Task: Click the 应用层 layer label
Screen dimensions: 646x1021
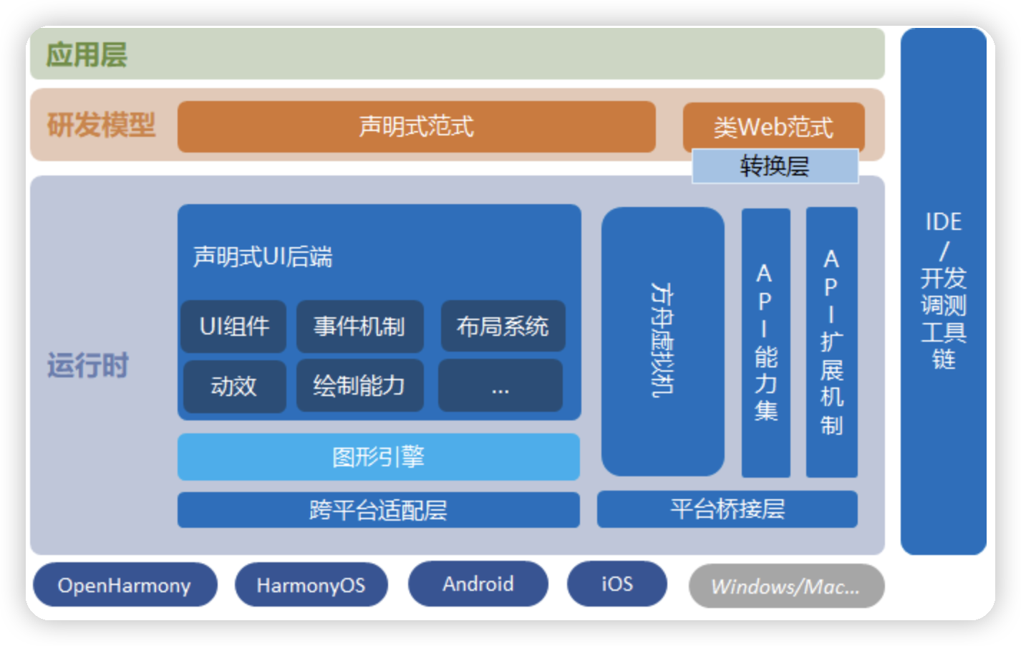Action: point(87,54)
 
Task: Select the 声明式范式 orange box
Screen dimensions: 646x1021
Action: point(416,127)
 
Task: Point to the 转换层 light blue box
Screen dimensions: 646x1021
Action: point(775,167)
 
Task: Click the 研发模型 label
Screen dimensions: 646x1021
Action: point(101,125)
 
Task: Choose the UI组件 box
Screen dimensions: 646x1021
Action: point(233,327)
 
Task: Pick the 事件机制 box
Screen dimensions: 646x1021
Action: point(359,327)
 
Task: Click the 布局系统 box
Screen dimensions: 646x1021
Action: point(503,327)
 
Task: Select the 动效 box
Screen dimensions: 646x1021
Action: point(233,386)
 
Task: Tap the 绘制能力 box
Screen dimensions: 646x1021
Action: point(359,386)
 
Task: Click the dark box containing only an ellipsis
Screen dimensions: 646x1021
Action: point(500,386)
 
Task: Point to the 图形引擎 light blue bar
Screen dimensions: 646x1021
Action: point(378,457)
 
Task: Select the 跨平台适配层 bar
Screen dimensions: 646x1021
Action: point(378,510)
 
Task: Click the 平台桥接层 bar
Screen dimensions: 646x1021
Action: point(727,509)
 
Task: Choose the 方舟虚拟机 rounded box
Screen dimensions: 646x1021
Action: point(662,341)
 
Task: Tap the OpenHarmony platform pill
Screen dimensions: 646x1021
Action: point(125,585)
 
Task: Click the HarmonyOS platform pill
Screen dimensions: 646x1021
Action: point(311,585)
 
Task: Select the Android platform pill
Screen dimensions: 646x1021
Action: point(478,584)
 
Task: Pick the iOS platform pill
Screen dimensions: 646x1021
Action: point(616,584)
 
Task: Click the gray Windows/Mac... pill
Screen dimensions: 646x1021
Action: point(785,586)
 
